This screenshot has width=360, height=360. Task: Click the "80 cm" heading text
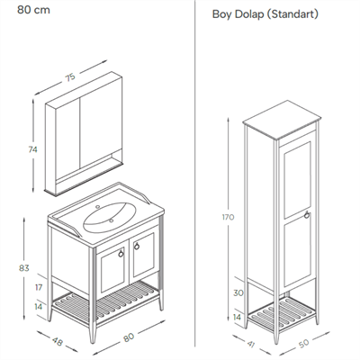(x=33, y=10)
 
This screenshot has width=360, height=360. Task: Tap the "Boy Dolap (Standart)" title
(x=265, y=14)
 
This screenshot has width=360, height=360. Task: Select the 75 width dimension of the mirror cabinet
(x=70, y=77)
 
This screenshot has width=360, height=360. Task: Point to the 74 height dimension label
(x=32, y=149)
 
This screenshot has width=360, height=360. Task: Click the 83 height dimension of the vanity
(x=24, y=268)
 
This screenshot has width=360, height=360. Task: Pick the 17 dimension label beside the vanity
(x=39, y=287)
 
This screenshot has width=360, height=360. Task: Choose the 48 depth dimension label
(x=57, y=341)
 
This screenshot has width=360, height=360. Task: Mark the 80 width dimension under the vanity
(x=129, y=337)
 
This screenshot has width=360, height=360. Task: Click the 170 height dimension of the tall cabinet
(x=228, y=217)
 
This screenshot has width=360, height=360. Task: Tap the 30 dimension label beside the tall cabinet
(x=238, y=292)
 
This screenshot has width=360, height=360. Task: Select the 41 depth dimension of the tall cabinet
(x=251, y=344)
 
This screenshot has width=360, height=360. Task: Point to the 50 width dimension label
(x=304, y=343)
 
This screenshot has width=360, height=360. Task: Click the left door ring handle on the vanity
(x=121, y=254)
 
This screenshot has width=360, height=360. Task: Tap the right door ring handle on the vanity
(x=137, y=246)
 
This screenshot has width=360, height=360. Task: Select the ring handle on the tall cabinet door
(x=307, y=215)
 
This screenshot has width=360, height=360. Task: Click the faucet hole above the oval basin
(x=97, y=207)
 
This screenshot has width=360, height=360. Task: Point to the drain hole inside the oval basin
(x=111, y=220)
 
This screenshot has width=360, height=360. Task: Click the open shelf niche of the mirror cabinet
(x=89, y=172)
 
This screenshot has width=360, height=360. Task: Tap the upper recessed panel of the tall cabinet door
(x=297, y=180)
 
